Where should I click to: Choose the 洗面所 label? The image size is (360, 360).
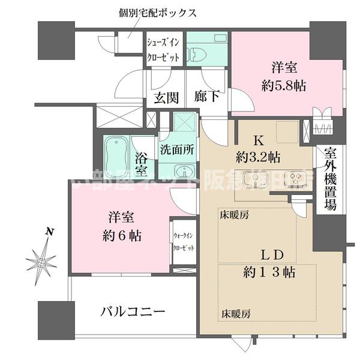click(177, 151)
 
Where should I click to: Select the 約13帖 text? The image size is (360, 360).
click(267, 272)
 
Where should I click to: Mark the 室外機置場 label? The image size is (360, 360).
click(330, 179)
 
